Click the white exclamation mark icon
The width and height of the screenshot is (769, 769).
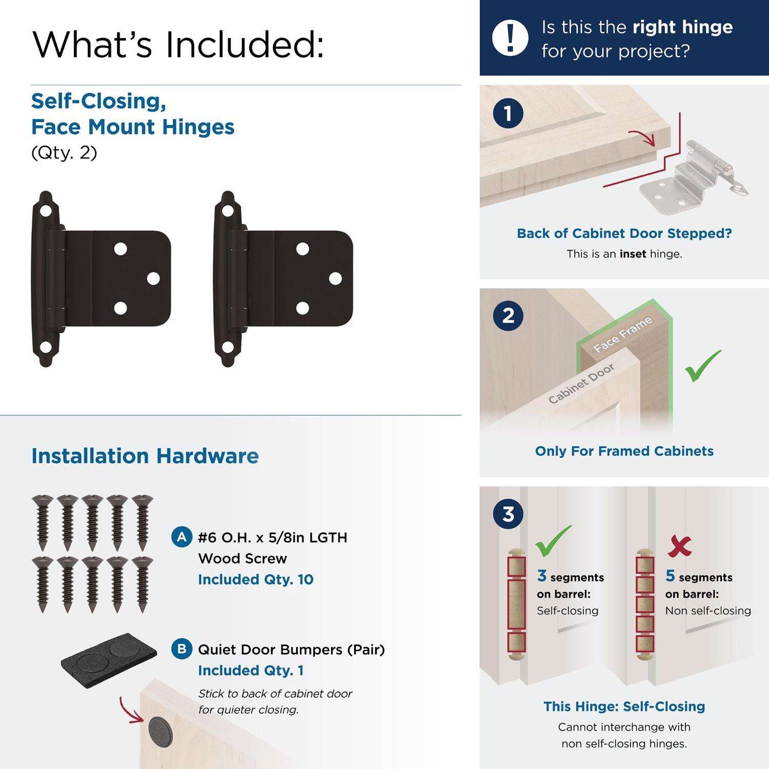pos(510,37)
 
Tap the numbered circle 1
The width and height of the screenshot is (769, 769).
pos(508,113)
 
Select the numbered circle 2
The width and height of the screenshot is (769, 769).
pos(508,315)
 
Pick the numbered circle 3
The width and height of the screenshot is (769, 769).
pos(508,513)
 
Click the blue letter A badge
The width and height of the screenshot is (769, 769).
pos(181,537)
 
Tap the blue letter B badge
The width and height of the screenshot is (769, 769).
pos(181,649)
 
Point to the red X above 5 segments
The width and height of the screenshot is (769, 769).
pos(679,547)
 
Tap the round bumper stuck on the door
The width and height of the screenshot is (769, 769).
pos(160,732)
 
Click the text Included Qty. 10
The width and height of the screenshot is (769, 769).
pos(256,579)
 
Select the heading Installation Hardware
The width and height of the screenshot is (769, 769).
pos(145,456)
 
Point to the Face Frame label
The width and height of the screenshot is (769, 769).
pos(623,334)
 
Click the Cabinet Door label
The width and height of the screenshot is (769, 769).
pos(581,384)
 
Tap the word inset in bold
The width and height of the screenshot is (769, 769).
pos(633,254)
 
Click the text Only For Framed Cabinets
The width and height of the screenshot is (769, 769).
pos(624,451)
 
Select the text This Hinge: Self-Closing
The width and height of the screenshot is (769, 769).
pos(624,706)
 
